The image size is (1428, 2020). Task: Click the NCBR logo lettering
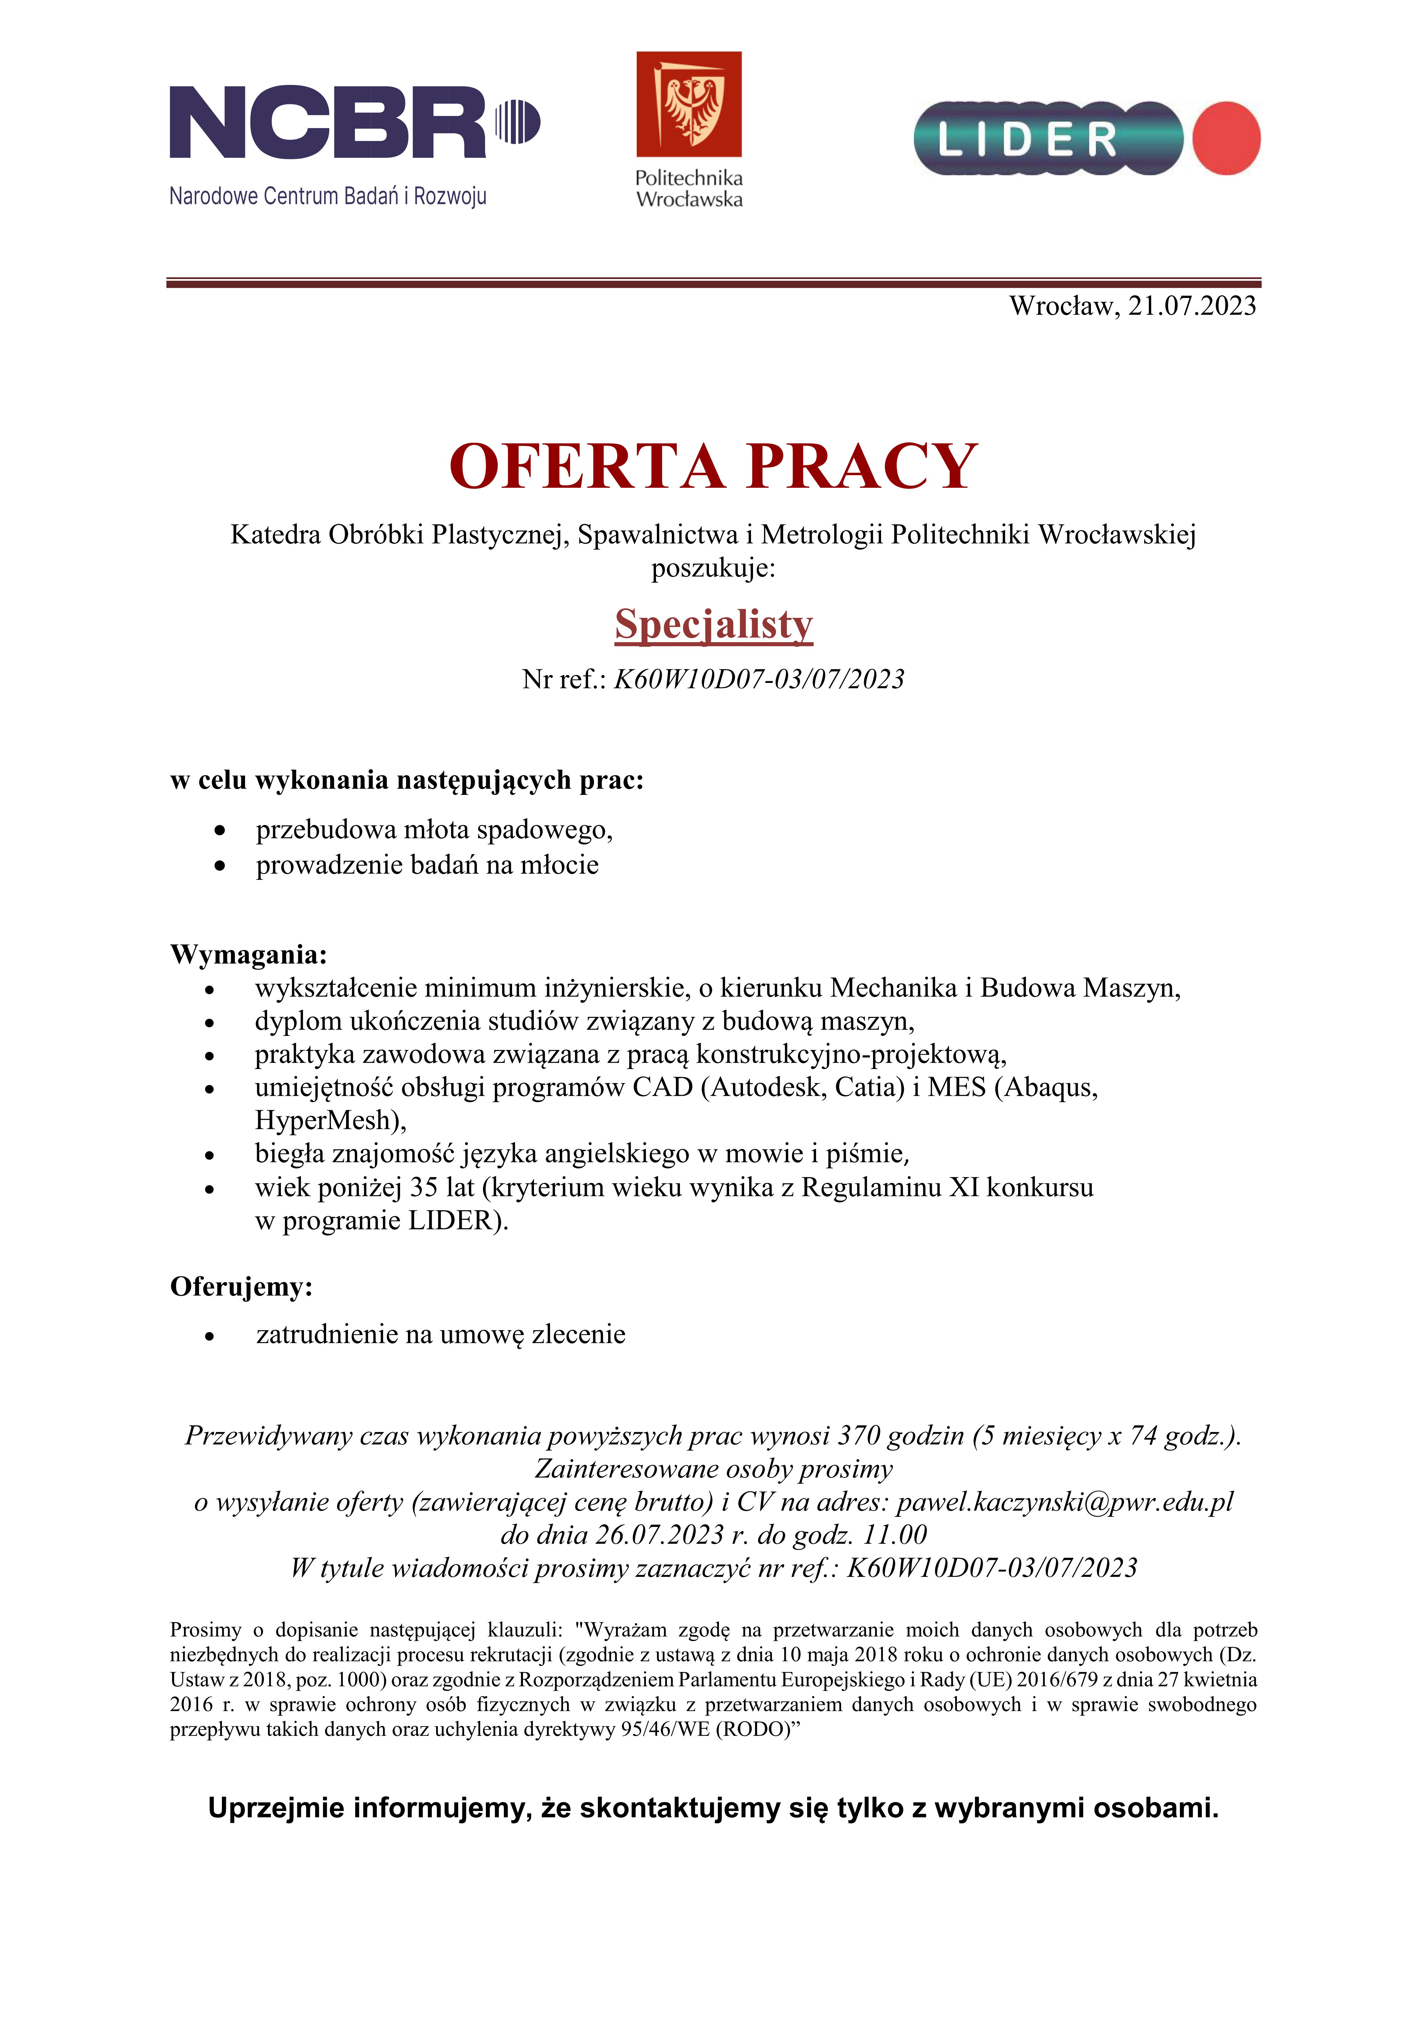(327, 122)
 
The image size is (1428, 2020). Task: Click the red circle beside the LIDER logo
(1227, 138)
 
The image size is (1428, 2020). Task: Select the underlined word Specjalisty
(714, 625)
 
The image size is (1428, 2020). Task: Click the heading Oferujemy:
(241, 1287)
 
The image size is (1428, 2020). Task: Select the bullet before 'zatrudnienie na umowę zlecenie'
(209, 1336)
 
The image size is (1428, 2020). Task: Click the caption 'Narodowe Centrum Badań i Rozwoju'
(327, 196)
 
